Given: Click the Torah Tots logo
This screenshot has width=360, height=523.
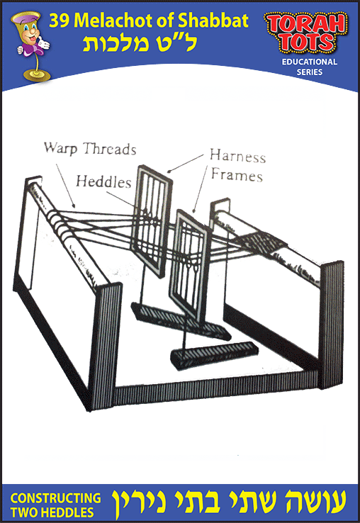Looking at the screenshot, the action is tap(306, 33).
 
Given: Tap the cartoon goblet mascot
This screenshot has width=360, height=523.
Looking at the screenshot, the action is tap(31, 46).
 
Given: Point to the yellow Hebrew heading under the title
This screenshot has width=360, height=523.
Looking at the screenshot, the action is tap(140, 43).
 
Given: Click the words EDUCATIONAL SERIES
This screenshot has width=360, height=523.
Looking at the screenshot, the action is tap(309, 67).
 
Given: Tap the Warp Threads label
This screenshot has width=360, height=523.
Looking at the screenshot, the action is tap(90, 149).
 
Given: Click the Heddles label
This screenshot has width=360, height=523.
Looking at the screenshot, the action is tap(103, 182).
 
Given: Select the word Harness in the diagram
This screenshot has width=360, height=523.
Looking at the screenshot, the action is tap(238, 156).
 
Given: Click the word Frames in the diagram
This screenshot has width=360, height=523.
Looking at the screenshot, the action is tap(237, 175).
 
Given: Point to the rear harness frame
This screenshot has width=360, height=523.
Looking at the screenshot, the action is tap(152, 220).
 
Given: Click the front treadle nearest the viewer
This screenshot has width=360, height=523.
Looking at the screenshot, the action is tap(214, 355).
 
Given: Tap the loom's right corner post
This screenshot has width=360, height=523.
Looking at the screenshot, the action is tap(331, 325).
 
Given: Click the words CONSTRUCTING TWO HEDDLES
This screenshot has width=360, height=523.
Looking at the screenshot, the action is tap(55, 505).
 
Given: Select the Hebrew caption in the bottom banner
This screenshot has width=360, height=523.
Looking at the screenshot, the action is tap(229, 504).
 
